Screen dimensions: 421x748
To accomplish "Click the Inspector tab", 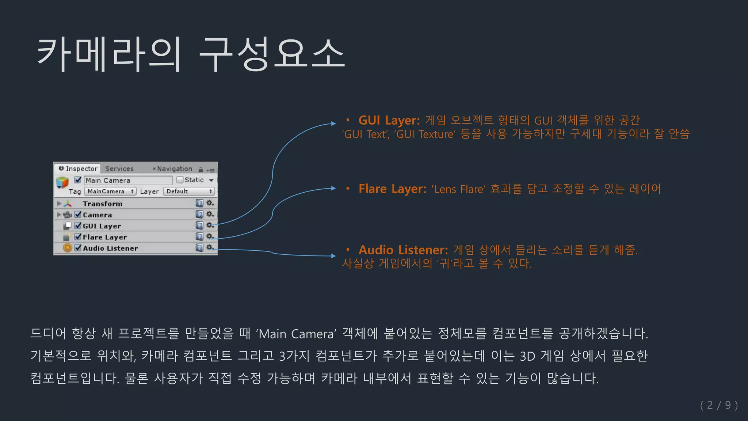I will (x=78, y=168).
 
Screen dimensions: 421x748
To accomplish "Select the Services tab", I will (x=119, y=168).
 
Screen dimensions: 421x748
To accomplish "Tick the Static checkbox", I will (x=180, y=180).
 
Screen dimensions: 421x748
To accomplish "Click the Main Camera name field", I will (x=128, y=180).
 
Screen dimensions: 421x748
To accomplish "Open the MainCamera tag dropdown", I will (x=110, y=191).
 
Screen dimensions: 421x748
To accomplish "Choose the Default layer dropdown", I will (x=188, y=191).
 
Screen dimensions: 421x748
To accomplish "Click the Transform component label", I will (x=102, y=204).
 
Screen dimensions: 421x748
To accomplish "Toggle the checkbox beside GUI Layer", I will (x=78, y=225).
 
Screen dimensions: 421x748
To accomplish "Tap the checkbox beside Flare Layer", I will (x=78, y=236).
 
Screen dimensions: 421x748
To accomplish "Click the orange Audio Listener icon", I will (x=67, y=248).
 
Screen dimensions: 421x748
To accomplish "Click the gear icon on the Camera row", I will (x=210, y=214).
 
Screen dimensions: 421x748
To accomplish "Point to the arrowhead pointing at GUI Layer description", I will (x=333, y=124).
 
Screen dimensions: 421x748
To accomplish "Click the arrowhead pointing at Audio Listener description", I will (x=333, y=256).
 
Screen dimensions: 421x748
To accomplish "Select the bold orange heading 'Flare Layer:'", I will (x=392, y=189).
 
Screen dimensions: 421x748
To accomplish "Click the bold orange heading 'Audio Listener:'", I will (x=403, y=250).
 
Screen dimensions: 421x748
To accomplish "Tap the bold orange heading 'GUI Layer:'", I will (x=389, y=120).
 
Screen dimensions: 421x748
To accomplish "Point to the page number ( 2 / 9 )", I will (x=719, y=405).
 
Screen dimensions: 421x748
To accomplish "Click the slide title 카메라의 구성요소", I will (x=191, y=54).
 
